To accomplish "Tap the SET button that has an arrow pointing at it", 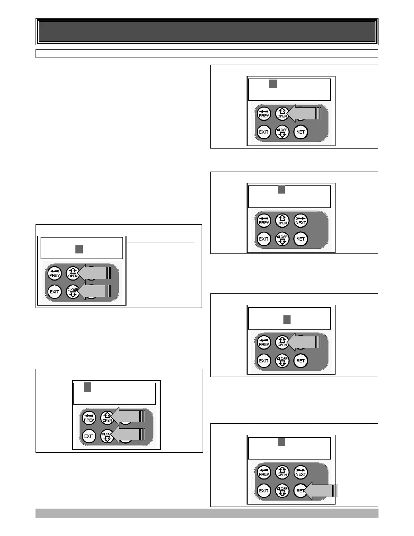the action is pyautogui.click(x=300, y=491).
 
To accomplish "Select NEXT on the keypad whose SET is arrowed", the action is pyautogui.click(x=300, y=472).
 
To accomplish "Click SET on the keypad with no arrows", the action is pyautogui.click(x=300, y=239).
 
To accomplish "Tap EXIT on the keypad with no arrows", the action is pyautogui.click(x=263, y=239).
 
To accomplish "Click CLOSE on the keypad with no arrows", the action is pyautogui.click(x=282, y=239).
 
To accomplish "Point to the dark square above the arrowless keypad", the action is pyautogui.click(x=281, y=190).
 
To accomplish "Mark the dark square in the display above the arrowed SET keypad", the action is pyautogui.click(x=281, y=442).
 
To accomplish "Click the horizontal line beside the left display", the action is pyautogui.click(x=161, y=243).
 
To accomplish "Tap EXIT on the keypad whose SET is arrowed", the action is pyautogui.click(x=263, y=491).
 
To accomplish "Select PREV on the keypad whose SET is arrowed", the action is pyautogui.click(x=263, y=472).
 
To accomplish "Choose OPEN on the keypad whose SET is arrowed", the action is pyautogui.click(x=282, y=472).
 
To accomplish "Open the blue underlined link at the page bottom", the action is pyautogui.click(x=67, y=533).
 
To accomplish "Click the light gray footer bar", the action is pyautogui.click(x=207, y=513).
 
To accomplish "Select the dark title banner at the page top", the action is pyautogui.click(x=207, y=31).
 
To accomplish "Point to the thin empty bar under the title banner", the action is pyautogui.click(x=207, y=54).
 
